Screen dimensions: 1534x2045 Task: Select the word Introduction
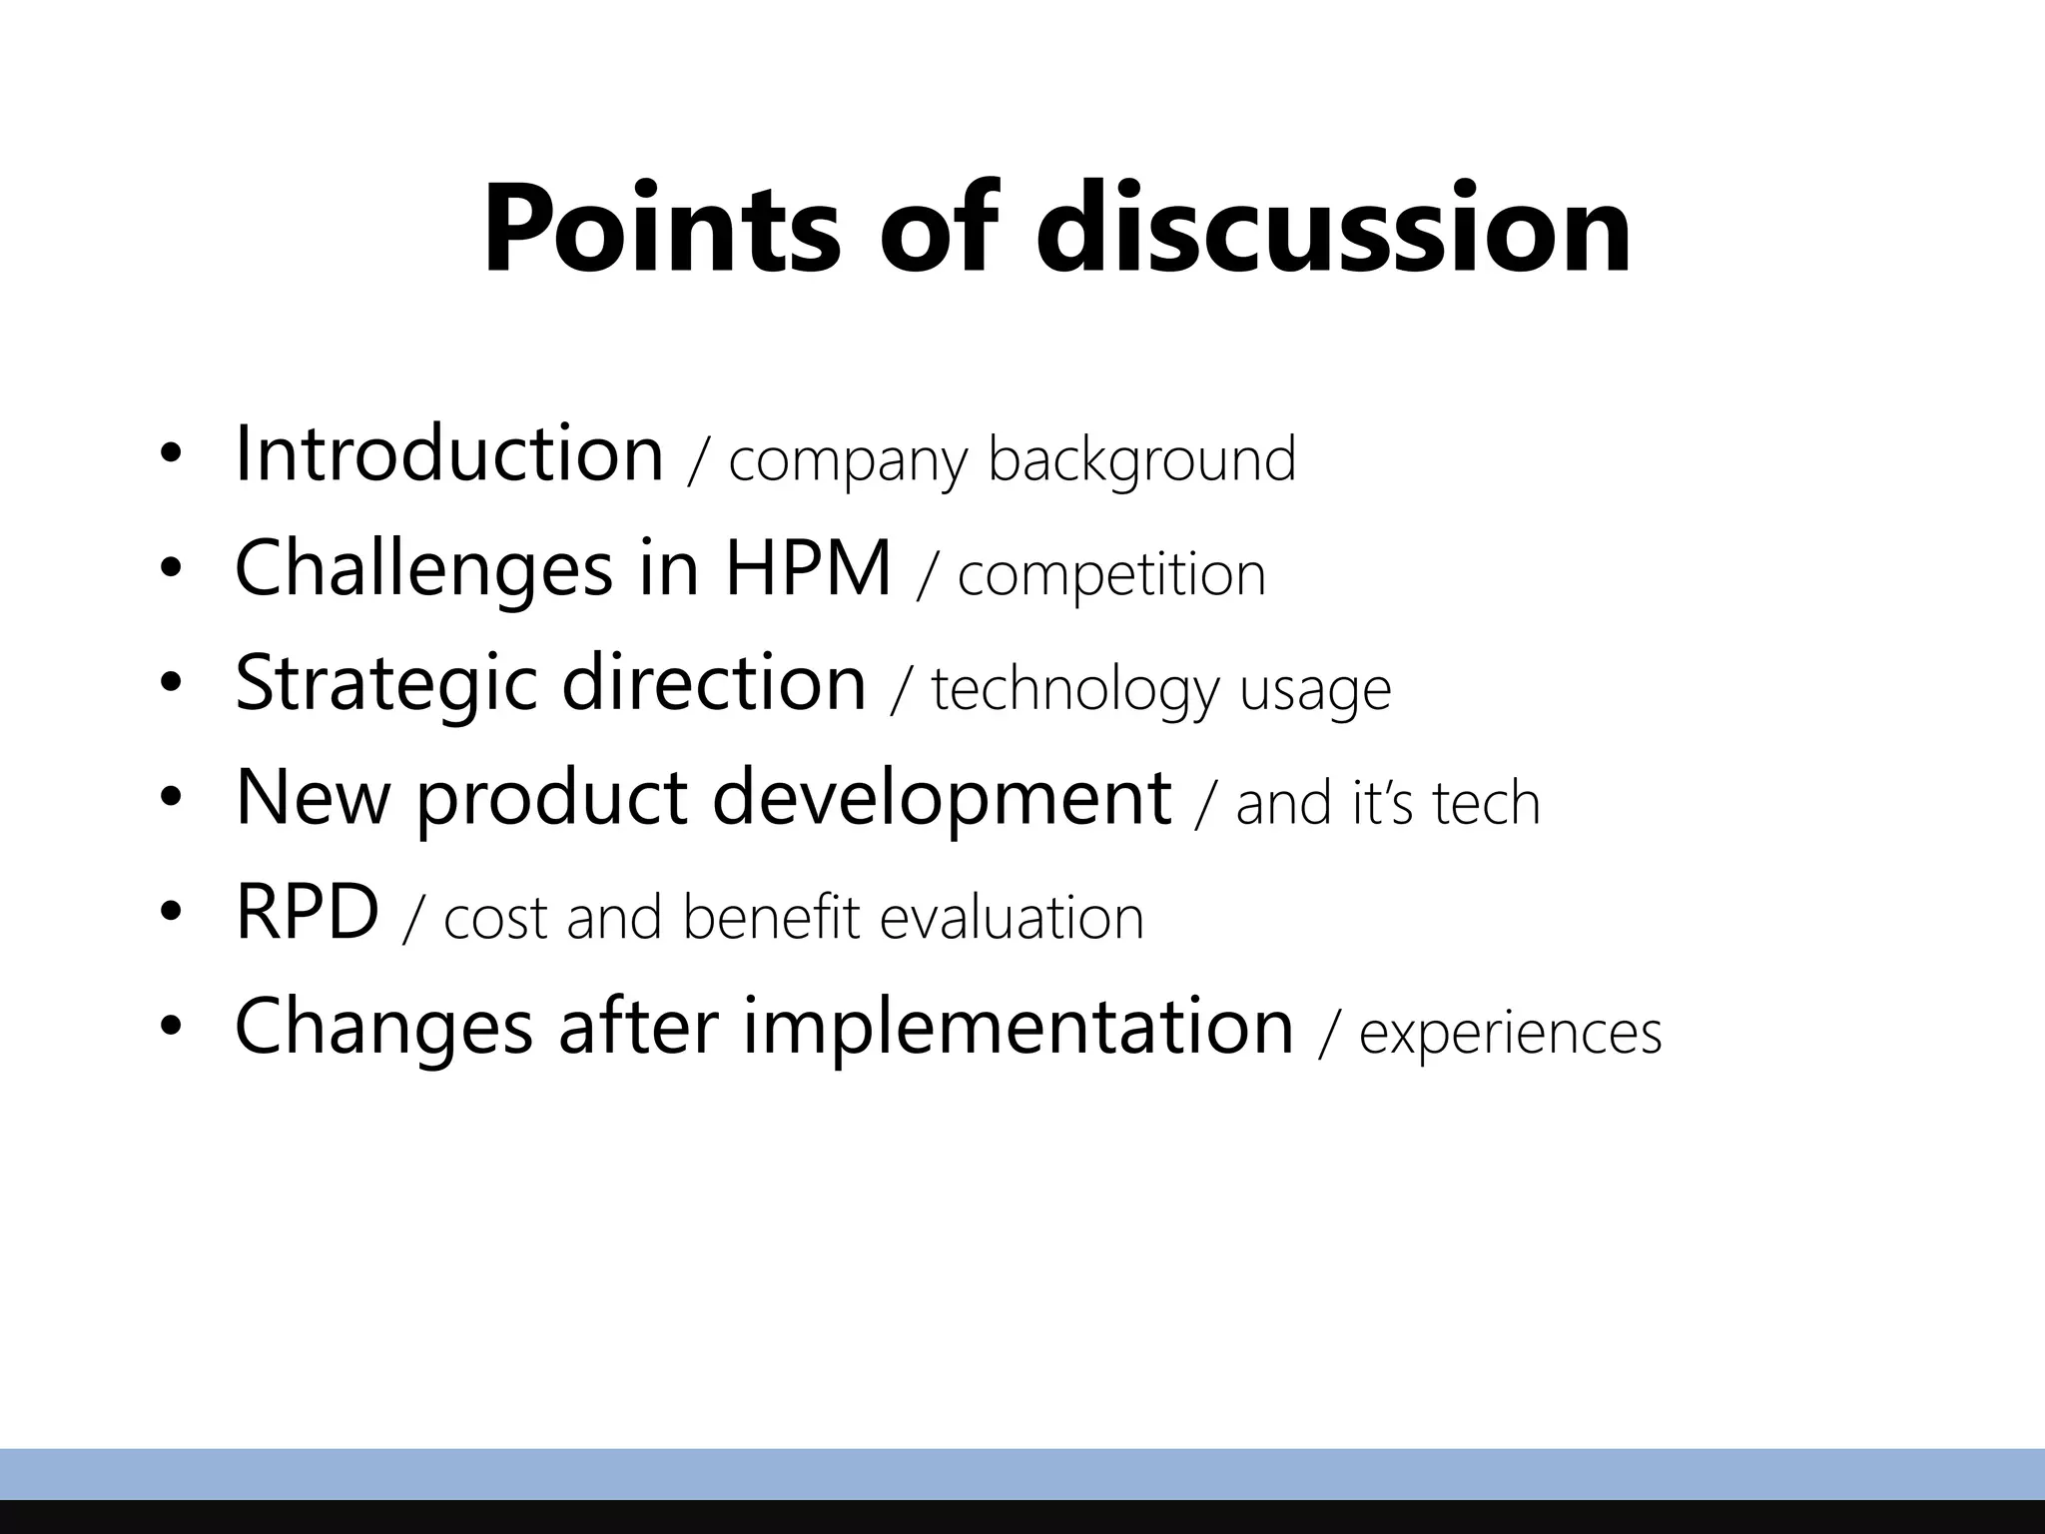pos(449,454)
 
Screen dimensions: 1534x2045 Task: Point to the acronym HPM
pos(808,569)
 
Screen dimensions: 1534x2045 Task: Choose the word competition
pos(1111,576)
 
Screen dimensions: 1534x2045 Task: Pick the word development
pos(942,799)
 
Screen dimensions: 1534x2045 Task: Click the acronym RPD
pos(307,913)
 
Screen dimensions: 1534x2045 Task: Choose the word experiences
pos(1510,1034)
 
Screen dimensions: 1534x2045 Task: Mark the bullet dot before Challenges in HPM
pos(171,569)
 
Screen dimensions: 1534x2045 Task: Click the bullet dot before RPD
pos(171,913)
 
